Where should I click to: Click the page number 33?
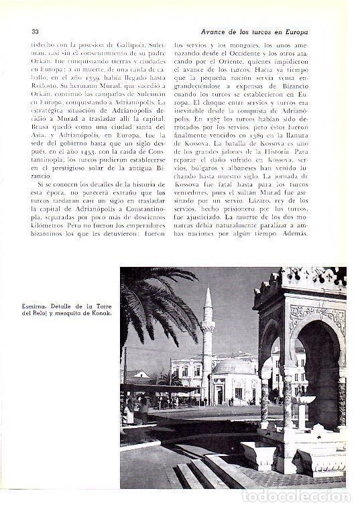click(35, 31)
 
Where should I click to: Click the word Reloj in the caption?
click(50, 317)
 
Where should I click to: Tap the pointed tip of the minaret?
click(208, 290)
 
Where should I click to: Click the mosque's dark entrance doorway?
click(219, 396)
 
